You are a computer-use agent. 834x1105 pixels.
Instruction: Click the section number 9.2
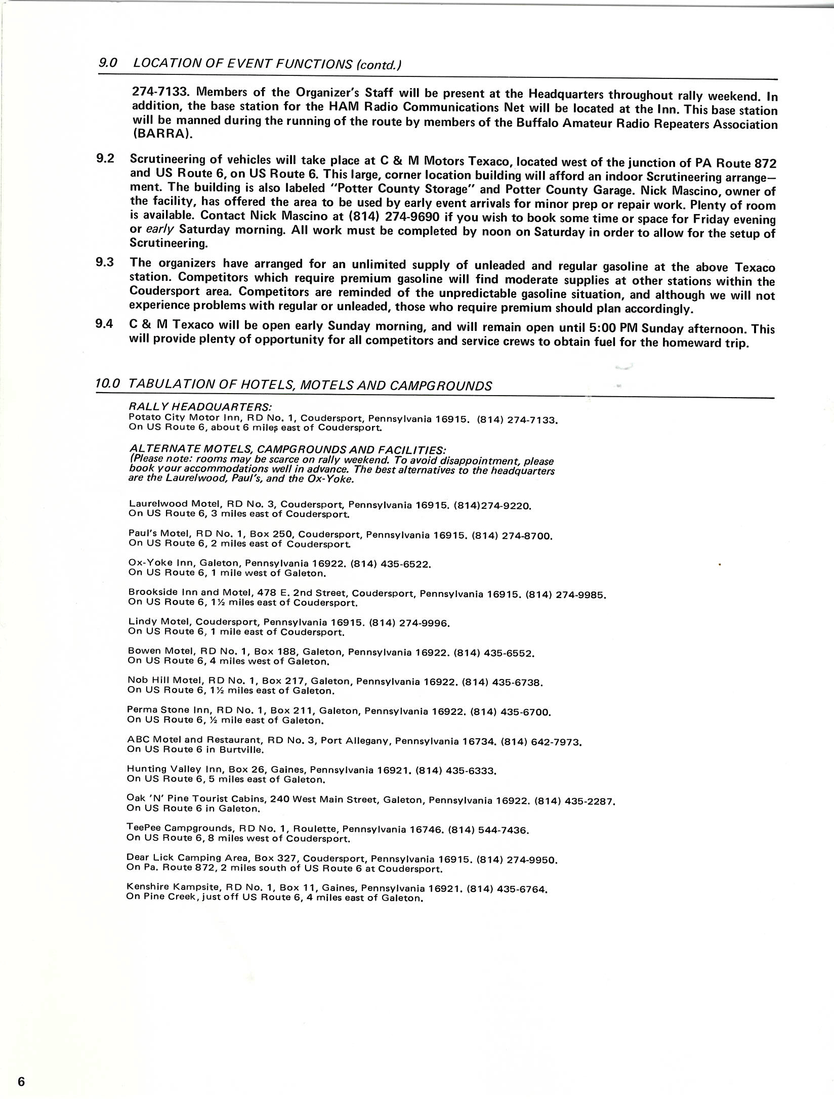[105, 158]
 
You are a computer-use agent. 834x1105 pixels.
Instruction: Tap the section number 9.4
[104, 324]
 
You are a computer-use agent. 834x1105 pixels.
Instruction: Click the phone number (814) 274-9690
[393, 217]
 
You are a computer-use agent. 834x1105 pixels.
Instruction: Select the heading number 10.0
[107, 384]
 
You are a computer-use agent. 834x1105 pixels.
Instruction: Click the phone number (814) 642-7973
[541, 743]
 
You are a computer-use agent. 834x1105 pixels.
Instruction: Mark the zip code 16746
[426, 830]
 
